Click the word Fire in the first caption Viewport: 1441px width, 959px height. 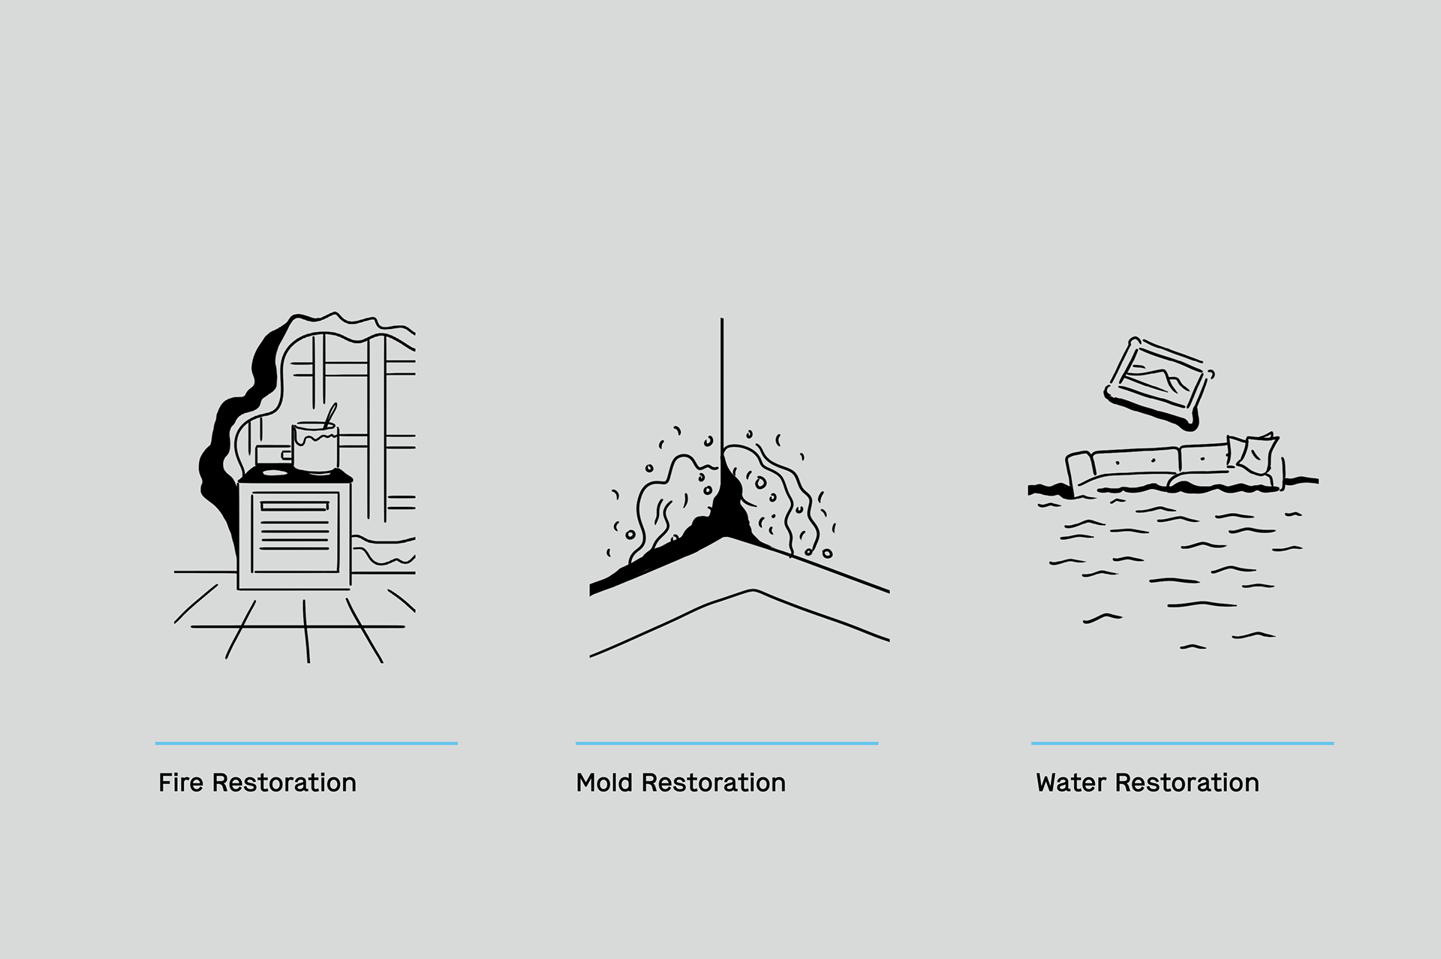click(x=181, y=783)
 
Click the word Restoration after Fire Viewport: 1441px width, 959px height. click(x=284, y=783)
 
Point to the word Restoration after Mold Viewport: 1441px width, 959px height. click(x=713, y=783)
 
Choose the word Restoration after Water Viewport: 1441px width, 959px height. click(x=1187, y=783)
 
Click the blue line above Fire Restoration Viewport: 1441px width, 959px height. click(x=306, y=743)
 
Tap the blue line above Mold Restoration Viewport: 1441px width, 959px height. click(x=727, y=743)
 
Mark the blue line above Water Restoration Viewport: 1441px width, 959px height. click(x=1182, y=743)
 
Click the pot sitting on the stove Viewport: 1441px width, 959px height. click(x=315, y=448)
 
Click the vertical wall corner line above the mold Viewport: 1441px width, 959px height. click(x=722, y=375)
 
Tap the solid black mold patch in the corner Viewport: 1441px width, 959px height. click(x=725, y=511)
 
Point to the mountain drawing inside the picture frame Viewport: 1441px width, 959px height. click(x=1160, y=378)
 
